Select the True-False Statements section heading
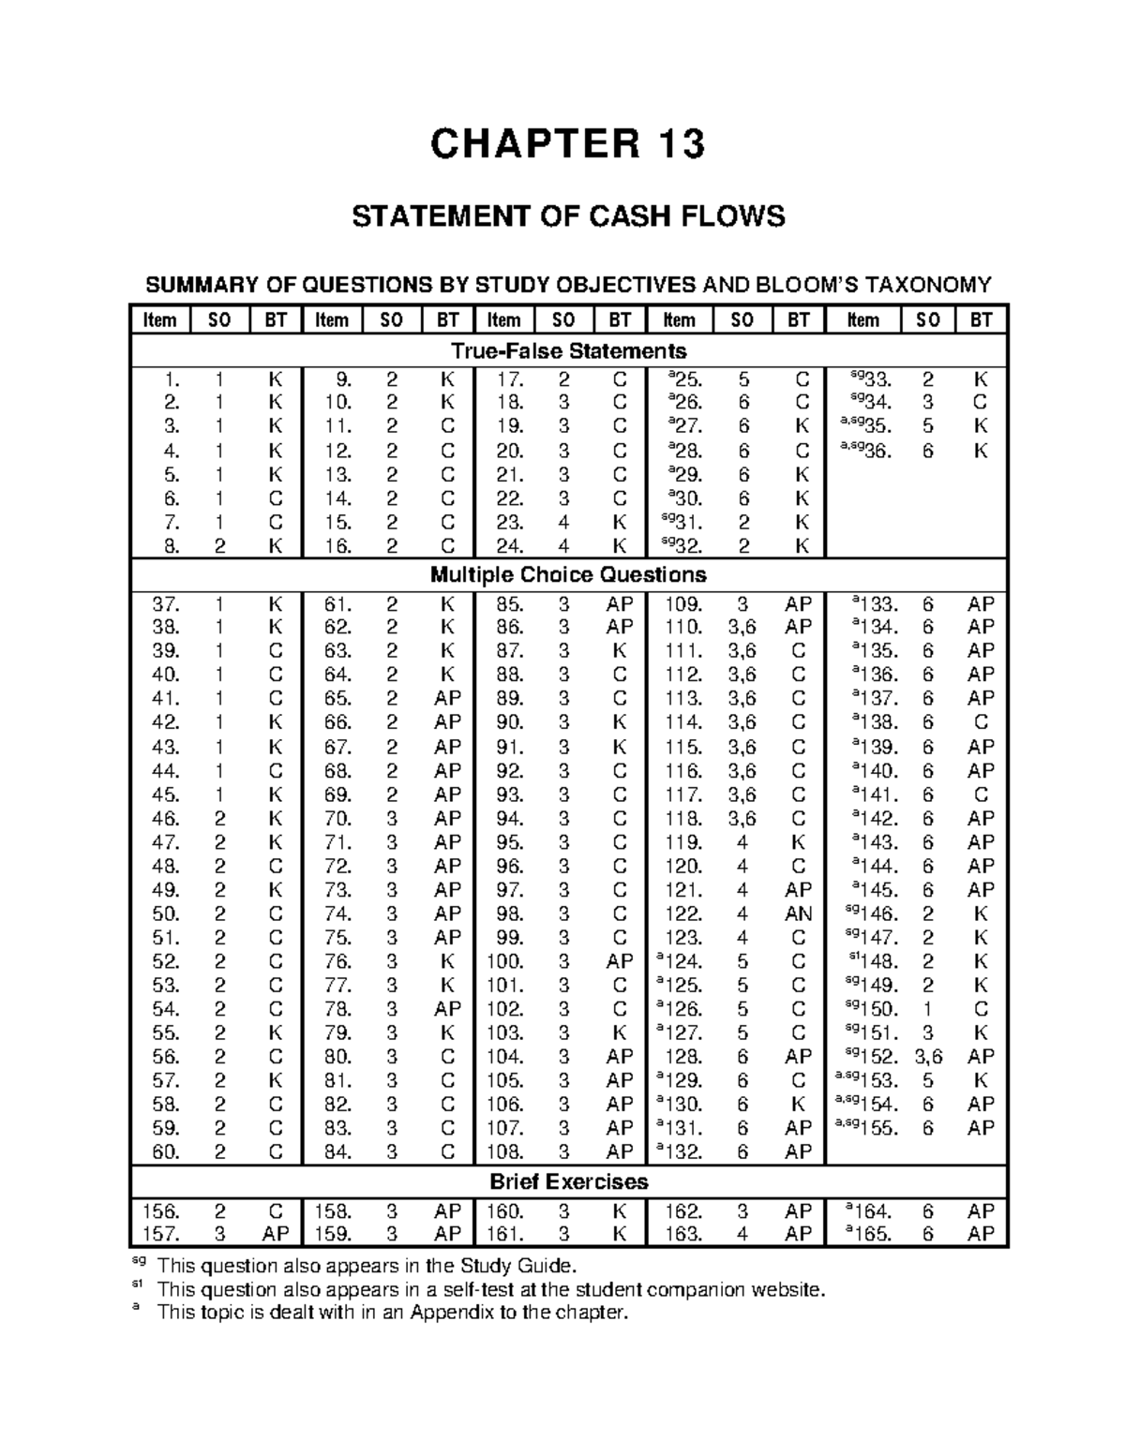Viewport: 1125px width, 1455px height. pos(568,351)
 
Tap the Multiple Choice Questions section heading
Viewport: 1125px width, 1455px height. pos(568,574)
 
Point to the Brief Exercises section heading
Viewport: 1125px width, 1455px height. pos(568,1181)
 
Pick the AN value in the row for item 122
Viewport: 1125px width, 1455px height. pos(798,913)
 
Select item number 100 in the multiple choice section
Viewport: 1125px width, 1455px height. pos(504,961)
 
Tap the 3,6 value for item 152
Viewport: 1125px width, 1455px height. pos(928,1057)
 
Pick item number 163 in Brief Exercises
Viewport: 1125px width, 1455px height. pos(682,1234)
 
